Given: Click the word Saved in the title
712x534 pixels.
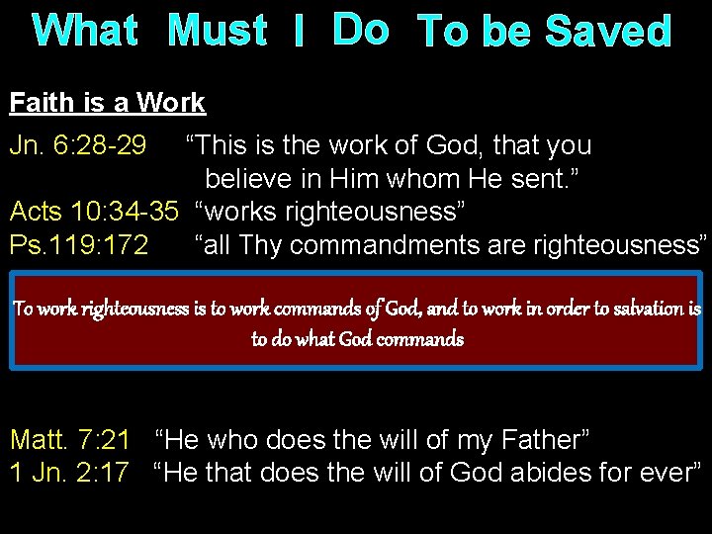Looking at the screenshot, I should tap(608, 33).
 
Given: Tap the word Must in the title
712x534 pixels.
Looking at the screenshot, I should tap(218, 31).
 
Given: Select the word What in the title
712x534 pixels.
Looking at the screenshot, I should tap(85, 31).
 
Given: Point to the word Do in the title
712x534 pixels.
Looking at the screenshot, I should tap(361, 30).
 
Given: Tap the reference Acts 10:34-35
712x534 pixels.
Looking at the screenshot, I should tap(94, 212).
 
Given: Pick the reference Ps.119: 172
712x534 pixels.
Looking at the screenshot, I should tap(79, 244).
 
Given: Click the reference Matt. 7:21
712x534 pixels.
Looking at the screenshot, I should tap(70, 440).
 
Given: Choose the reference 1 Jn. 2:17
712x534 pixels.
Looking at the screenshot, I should tap(69, 473).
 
